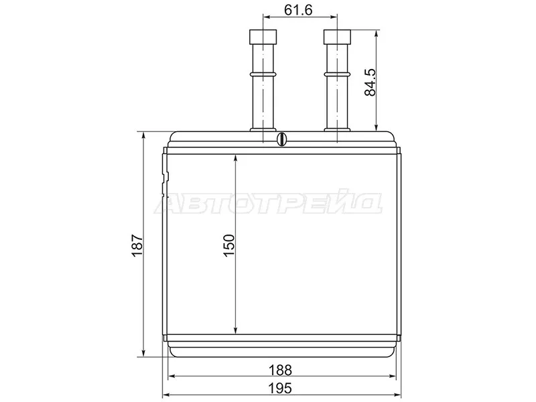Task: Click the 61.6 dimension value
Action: point(298,10)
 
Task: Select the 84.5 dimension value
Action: point(370,82)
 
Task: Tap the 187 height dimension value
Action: point(137,245)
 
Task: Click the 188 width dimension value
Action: point(280,371)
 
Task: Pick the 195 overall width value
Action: point(280,389)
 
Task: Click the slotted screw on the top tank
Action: point(281,139)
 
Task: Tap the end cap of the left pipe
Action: point(263,37)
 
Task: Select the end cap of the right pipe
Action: point(337,37)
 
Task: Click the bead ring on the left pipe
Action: point(263,74)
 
